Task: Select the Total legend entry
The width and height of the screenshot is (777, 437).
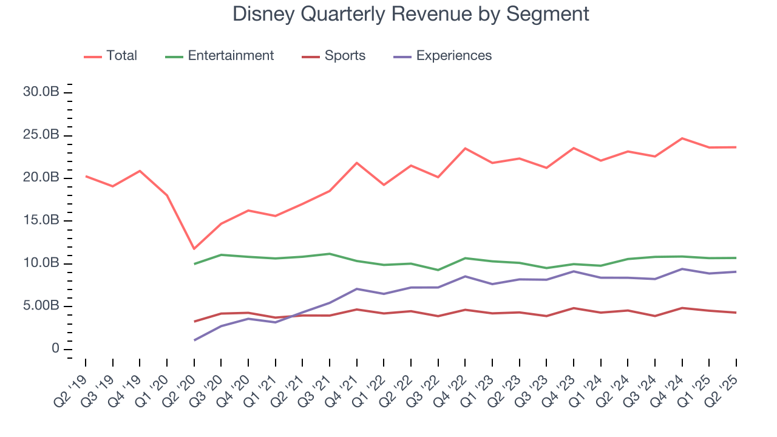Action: (121, 56)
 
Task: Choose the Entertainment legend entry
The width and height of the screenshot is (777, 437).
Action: (231, 56)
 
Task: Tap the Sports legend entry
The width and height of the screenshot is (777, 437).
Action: (345, 56)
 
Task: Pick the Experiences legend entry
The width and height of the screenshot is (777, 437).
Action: (453, 56)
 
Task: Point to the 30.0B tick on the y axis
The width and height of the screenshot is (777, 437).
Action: (41, 92)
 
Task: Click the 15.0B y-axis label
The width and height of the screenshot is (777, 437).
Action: (41, 220)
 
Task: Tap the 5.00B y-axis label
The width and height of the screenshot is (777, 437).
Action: (41, 306)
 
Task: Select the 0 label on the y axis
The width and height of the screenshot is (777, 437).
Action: (55, 349)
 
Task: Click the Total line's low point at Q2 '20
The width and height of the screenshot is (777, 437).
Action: (194, 249)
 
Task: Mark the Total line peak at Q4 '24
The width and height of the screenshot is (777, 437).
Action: (682, 138)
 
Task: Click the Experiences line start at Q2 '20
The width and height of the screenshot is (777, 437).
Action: (194, 340)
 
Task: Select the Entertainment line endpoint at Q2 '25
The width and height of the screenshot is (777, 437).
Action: (736, 258)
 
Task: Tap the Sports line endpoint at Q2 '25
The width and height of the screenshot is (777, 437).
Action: (736, 313)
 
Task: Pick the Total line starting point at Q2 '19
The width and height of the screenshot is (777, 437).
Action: (86, 176)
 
